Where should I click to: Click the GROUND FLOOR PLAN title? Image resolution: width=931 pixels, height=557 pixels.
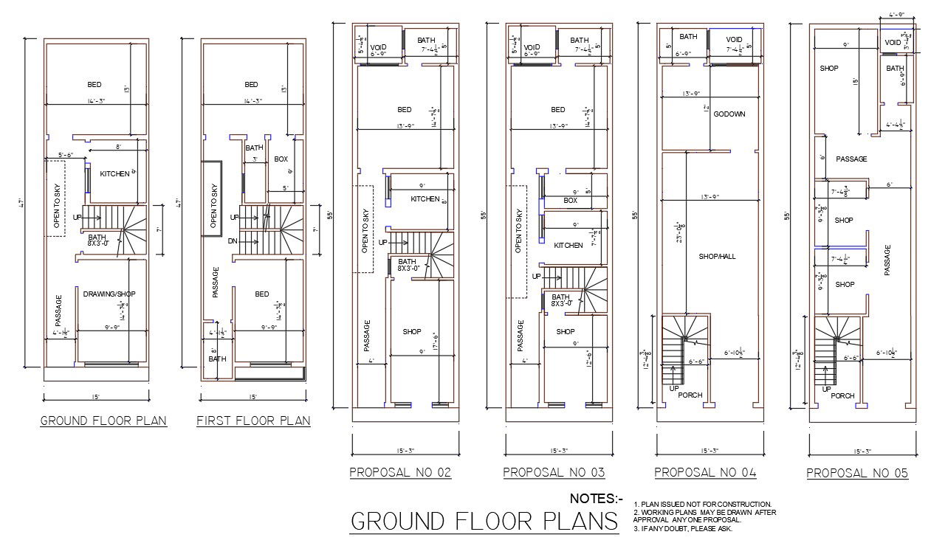tap(103, 421)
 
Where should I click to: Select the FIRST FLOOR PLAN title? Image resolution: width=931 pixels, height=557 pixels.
tap(253, 421)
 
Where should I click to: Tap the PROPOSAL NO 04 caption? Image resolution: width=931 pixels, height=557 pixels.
tap(705, 472)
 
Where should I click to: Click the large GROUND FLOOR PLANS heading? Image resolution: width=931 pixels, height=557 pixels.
tap(484, 521)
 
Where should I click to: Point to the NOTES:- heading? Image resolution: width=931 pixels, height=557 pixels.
tap(597, 499)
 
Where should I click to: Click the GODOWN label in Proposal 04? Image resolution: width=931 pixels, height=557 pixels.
tap(729, 114)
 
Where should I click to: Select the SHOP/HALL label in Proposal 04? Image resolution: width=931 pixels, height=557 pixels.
tap(717, 257)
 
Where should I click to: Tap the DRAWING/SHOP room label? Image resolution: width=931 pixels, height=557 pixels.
tap(109, 294)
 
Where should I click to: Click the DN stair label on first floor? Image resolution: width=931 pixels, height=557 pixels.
tap(233, 241)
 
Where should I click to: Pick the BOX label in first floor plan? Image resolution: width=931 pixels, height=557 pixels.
tap(281, 159)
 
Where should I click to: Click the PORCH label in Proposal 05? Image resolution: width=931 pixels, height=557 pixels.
tap(842, 396)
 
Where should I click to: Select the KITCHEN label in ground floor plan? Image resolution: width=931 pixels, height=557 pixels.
tap(114, 173)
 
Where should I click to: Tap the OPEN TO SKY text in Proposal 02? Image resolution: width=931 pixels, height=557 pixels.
tap(365, 231)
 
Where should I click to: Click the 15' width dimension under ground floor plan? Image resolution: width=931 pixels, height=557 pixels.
tap(96, 397)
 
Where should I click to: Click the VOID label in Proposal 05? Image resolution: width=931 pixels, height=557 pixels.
tap(893, 44)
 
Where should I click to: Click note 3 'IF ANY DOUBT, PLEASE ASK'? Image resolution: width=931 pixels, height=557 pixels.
tap(682, 528)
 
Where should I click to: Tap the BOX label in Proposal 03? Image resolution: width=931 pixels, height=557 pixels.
tap(570, 201)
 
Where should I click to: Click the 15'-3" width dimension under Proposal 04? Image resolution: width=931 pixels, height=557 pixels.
tap(706, 451)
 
